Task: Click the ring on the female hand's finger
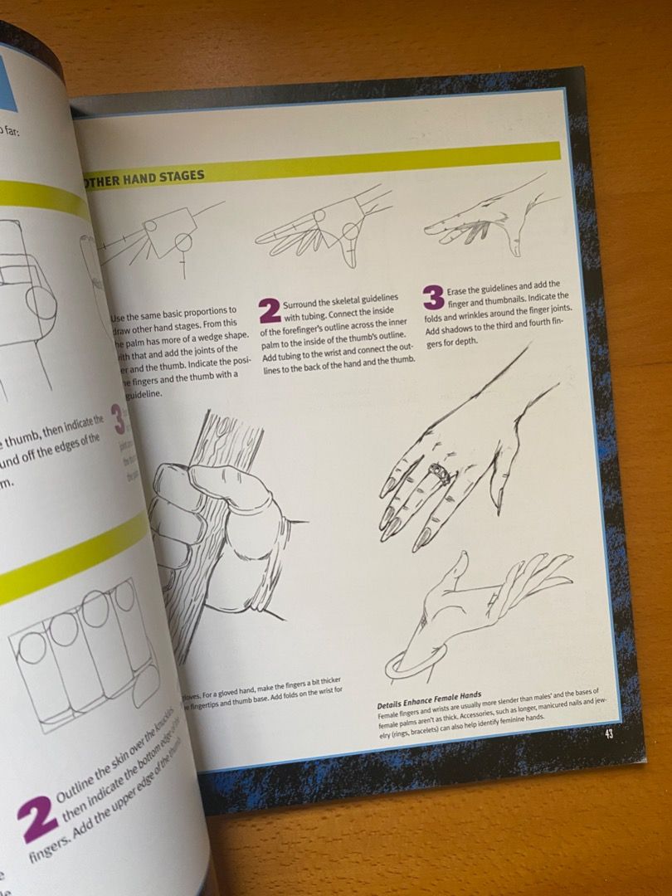coord(441,475)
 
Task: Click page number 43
coord(608,733)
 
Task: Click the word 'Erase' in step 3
coord(459,291)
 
